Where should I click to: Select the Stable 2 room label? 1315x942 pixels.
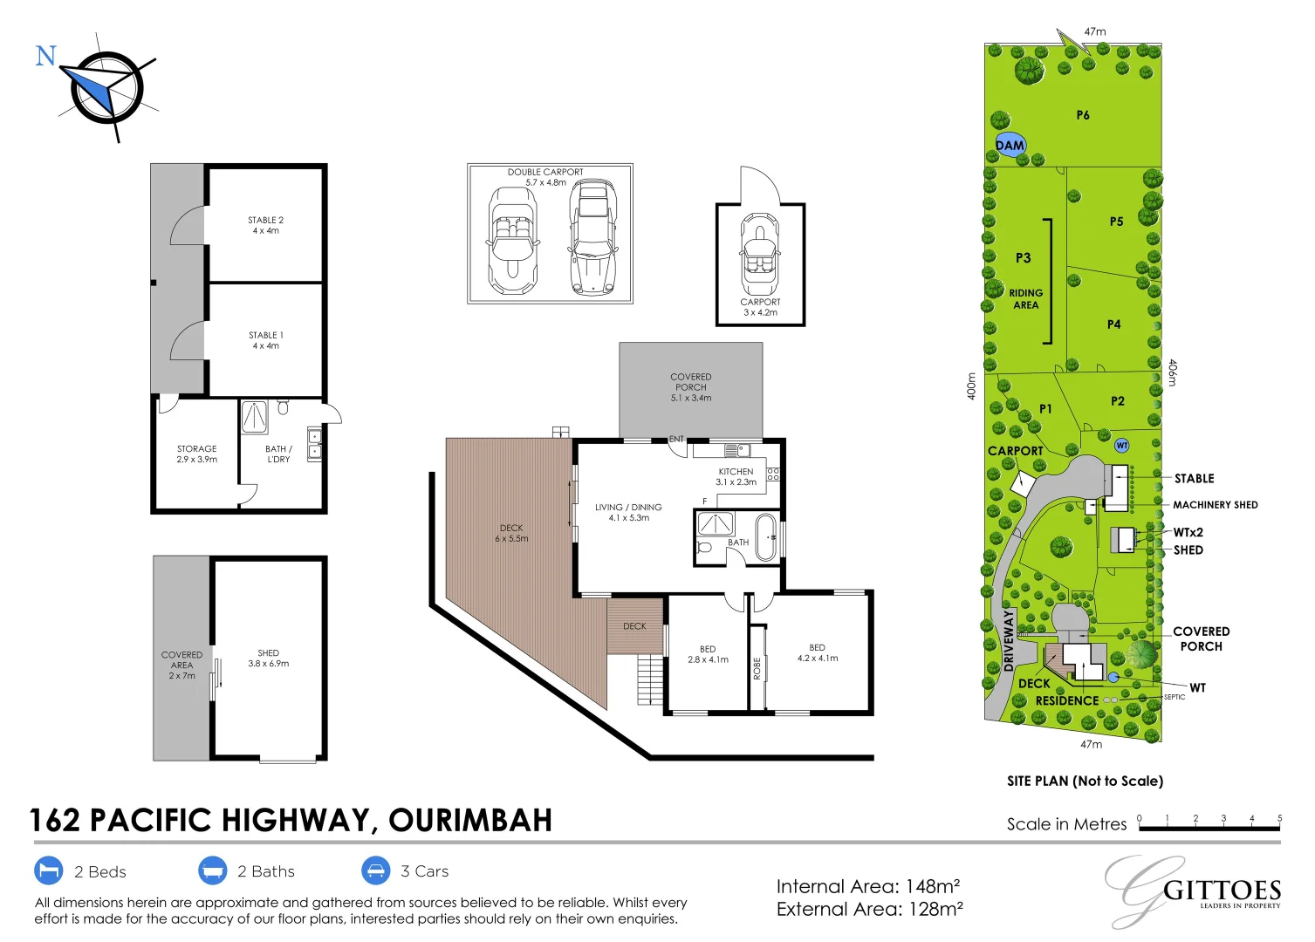pyautogui.click(x=265, y=225)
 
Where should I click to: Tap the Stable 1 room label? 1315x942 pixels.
pyautogui.click(x=265, y=340)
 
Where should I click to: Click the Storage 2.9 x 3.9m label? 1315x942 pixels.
pyautogui.click(x=196, y=454)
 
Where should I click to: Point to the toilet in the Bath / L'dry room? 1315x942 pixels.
pyautogui.click(x=283, y=407)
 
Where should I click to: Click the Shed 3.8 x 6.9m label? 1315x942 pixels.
pyautogui.click(x=268, y=658)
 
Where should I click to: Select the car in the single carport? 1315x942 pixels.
pyautogui.click(x=760, y=255)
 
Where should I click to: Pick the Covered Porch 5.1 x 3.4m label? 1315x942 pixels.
pyautogui.click(x=690, y=387)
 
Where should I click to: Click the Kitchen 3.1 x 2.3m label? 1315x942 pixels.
pyautogui.click(x=736, y=476)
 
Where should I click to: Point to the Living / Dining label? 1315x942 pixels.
pyautogui.click(x=628, y=512)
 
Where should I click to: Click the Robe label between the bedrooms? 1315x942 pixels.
pyautogui.click(x=757, y=668)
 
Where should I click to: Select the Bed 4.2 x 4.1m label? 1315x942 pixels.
pyautogui.click(x=817, y=652)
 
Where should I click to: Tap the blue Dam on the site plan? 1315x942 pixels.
pyautogui.click(x=1010, y=146)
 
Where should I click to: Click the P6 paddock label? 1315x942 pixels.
pyautogui.click(x=1082, y=115)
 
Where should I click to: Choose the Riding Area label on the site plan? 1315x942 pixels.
pyautogui.click(x=1025, y=299)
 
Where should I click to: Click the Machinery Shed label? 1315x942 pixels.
pyautogui.click(x=1215, y=505)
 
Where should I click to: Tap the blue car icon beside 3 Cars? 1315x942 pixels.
pyautogui.click(x=375, y=870)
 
